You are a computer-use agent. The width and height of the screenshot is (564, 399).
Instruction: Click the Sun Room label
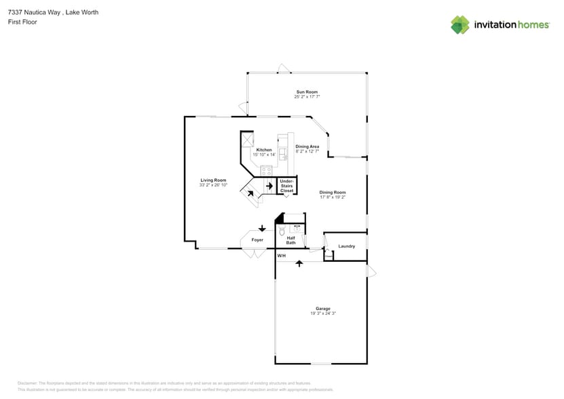click(307, 92)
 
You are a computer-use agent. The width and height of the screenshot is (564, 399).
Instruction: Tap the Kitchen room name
click(264, 150)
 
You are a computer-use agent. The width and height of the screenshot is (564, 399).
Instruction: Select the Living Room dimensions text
click(213, 185)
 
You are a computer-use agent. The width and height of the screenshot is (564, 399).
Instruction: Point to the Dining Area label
click(307, 147)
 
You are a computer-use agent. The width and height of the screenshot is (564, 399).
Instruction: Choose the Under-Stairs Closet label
click(287, 186)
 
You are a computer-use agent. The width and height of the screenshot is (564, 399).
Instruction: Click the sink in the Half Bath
click(297, 229)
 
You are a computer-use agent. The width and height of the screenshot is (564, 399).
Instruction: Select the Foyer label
click(257, 240)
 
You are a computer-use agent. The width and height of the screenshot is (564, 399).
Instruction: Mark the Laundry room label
click(346, 246)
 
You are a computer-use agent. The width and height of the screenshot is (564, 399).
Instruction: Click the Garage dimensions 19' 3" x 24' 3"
click(323, 313)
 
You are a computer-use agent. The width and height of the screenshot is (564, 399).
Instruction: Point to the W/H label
click(281, 256)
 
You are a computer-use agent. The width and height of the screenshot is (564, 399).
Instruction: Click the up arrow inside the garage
click(299, 263)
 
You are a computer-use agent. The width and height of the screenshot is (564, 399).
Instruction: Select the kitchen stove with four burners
click(266, 170)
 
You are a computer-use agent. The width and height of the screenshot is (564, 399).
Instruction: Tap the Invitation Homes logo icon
click(460, 25)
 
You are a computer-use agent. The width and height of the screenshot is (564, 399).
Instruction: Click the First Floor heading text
click(23, 22)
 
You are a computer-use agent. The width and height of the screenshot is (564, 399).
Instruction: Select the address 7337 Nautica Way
click(34, 12)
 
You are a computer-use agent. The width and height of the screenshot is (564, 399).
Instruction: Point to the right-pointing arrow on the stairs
click(269, 185)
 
